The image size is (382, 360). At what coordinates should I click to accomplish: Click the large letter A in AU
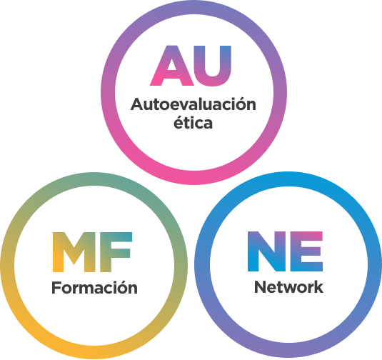(172, 65)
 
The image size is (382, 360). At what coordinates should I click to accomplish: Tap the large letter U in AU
(213, 66)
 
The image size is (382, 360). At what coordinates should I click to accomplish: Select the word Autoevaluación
(193, 104)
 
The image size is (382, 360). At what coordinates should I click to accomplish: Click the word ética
(193, 123)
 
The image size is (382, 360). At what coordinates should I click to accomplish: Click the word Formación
(94, 287)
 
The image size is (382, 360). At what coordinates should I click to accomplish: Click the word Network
(288, 287)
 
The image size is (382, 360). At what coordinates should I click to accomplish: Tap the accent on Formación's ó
(122, 281)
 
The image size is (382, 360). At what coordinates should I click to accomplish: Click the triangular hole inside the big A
(172, 65)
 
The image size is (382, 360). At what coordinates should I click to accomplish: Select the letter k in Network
(318, 286)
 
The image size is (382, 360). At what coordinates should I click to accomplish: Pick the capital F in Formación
(56, 288)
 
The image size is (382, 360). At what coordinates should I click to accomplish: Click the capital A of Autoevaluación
(138, 104)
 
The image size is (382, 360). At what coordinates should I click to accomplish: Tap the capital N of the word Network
(260, 287)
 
